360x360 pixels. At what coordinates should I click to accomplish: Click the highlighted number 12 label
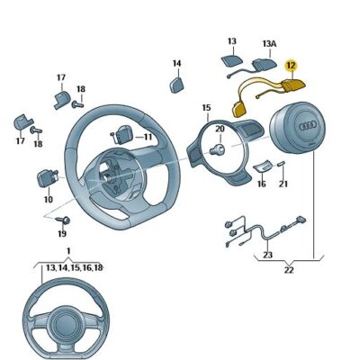(291, 65)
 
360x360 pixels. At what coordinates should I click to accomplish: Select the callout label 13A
(267, 42)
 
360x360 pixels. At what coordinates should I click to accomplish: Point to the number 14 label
(176, 63)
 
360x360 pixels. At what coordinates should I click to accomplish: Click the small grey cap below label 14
(176, 84)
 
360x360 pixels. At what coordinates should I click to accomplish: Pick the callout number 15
(206, 107)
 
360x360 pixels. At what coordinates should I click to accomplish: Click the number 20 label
(220, 129)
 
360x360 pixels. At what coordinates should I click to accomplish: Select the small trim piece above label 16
(263, 166)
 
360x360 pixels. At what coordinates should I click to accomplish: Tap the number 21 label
(283, 184)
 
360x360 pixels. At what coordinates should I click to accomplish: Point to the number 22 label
(288, 269)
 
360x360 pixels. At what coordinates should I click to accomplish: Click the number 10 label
(48, 199)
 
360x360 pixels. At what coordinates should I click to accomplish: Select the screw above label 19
(63, 220)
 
